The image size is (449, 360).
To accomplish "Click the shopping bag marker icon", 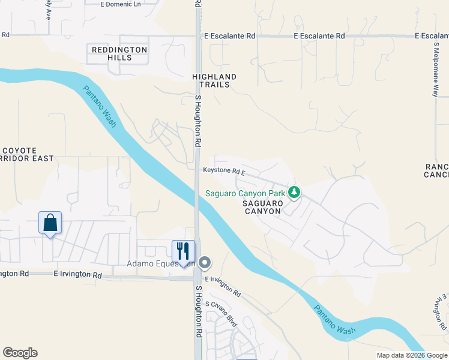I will click(50, 223).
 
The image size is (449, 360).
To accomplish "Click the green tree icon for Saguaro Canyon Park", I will click(294, 193).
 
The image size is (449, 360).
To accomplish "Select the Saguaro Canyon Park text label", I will click(246, 193).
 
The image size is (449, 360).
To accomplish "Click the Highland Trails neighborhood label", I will click(214, 80).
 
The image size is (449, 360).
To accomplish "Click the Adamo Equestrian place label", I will click(161, 263).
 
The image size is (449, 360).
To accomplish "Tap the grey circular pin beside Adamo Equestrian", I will click(205, 262).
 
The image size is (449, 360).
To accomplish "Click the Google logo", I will click(20, 353).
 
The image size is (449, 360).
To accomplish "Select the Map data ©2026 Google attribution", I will click(411, 355).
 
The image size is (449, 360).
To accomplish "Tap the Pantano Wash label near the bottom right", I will click(335, 320).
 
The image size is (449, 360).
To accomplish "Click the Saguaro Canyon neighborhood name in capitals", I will click(262, 207).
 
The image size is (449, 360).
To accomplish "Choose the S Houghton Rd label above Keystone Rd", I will click(197, 120).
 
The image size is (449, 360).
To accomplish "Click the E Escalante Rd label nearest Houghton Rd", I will click(229, 36).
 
